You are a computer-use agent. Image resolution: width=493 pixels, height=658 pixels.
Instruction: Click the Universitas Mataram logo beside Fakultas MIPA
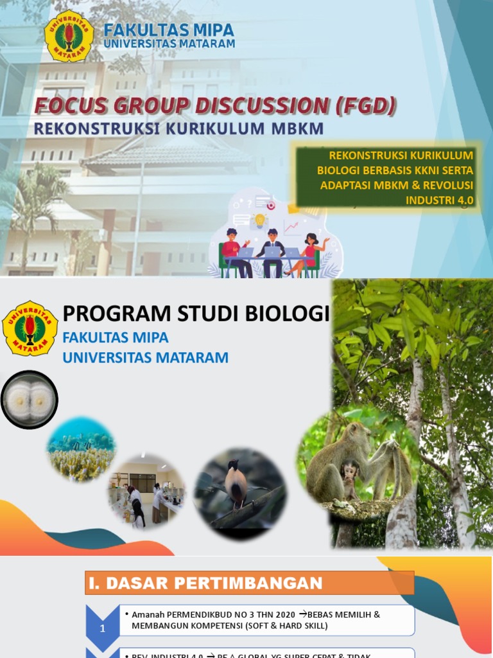click(x=69, y=37)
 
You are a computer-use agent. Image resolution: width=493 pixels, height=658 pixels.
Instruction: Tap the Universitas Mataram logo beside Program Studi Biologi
click(x=30, y=328)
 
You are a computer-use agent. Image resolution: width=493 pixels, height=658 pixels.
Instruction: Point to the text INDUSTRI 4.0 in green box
click(x=439, y=200)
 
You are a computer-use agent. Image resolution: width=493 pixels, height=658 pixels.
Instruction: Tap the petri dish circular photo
click(x=29, y=400)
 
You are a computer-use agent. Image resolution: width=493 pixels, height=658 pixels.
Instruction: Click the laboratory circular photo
click(x=146, y=492)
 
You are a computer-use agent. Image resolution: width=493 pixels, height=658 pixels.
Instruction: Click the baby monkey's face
click(x=350, y=474)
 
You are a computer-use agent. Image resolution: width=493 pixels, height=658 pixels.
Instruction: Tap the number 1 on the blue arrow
click(x=103, y=629)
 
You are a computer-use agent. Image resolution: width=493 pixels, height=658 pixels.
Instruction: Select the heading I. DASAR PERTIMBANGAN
click(x=204, y=583)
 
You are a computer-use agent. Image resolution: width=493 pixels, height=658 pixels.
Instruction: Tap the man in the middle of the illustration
click(x=272, y=247)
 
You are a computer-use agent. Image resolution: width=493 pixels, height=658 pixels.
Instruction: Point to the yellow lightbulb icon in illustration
click(x=260, y=220)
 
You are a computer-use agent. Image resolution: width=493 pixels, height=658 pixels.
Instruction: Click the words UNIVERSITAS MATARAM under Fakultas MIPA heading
click(x=169, y=44)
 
